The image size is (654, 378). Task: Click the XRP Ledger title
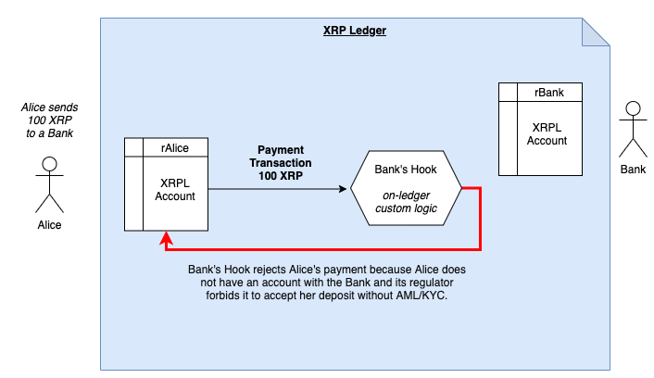355,31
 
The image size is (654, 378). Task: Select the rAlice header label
175,146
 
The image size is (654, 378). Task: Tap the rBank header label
547,92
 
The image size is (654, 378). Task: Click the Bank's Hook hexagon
405,188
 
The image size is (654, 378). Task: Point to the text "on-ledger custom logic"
405,201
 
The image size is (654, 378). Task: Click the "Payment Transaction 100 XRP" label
281,162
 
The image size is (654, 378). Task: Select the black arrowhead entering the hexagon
344,189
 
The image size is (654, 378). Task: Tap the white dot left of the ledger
50,164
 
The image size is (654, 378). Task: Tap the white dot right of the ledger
633,108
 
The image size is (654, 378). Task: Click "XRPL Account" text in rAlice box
175,189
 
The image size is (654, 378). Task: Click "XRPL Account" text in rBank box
547,133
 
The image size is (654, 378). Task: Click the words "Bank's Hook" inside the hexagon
405,170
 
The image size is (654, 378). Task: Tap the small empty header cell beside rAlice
133,146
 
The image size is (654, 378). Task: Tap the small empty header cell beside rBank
507,92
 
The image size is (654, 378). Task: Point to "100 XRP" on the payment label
281,175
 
